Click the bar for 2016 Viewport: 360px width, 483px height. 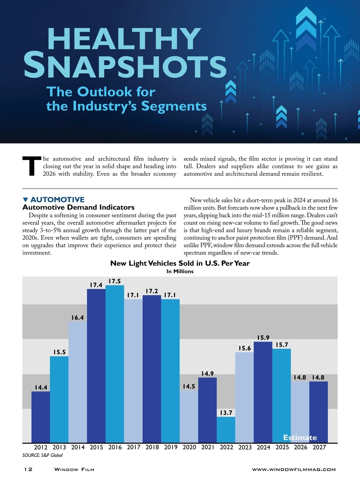115,363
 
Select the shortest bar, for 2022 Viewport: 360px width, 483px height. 226,429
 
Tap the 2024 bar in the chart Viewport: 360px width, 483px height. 263,392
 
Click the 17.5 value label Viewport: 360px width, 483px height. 115,281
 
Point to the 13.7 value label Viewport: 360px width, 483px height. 226,413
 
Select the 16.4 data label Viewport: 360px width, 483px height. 77,318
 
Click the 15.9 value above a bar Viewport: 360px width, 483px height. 263,338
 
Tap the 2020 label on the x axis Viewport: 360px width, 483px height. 189,447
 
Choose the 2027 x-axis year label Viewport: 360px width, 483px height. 319,447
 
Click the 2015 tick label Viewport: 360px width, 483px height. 96,447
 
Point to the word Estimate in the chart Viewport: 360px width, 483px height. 300,438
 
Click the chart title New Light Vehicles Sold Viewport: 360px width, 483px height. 180,263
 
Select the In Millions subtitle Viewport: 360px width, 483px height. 180,271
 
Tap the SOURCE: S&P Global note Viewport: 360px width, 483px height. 43,455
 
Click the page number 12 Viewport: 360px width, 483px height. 28,469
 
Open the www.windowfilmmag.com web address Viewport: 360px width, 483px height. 294,469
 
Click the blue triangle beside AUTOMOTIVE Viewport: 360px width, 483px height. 25,200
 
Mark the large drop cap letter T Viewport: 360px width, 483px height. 31,166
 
